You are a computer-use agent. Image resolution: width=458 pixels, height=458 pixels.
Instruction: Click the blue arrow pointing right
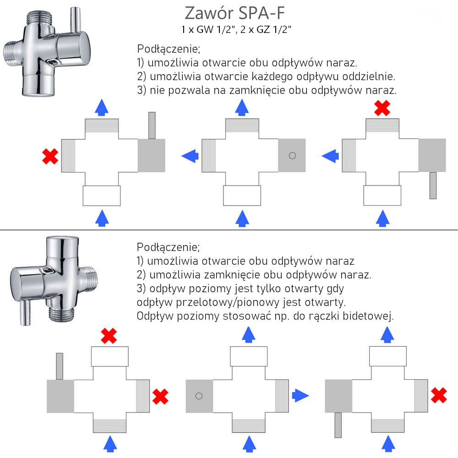[300, 395]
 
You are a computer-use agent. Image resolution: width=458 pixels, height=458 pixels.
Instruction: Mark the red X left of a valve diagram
[49, 156]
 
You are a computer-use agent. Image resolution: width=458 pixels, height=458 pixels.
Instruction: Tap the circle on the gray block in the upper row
[292, 155]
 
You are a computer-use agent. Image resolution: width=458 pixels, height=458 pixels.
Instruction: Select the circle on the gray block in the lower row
[199, 396]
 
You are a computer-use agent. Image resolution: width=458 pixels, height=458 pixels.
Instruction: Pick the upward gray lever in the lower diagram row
[59, 366]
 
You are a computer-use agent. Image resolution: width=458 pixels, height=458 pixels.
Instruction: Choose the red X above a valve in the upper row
[382, 108]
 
